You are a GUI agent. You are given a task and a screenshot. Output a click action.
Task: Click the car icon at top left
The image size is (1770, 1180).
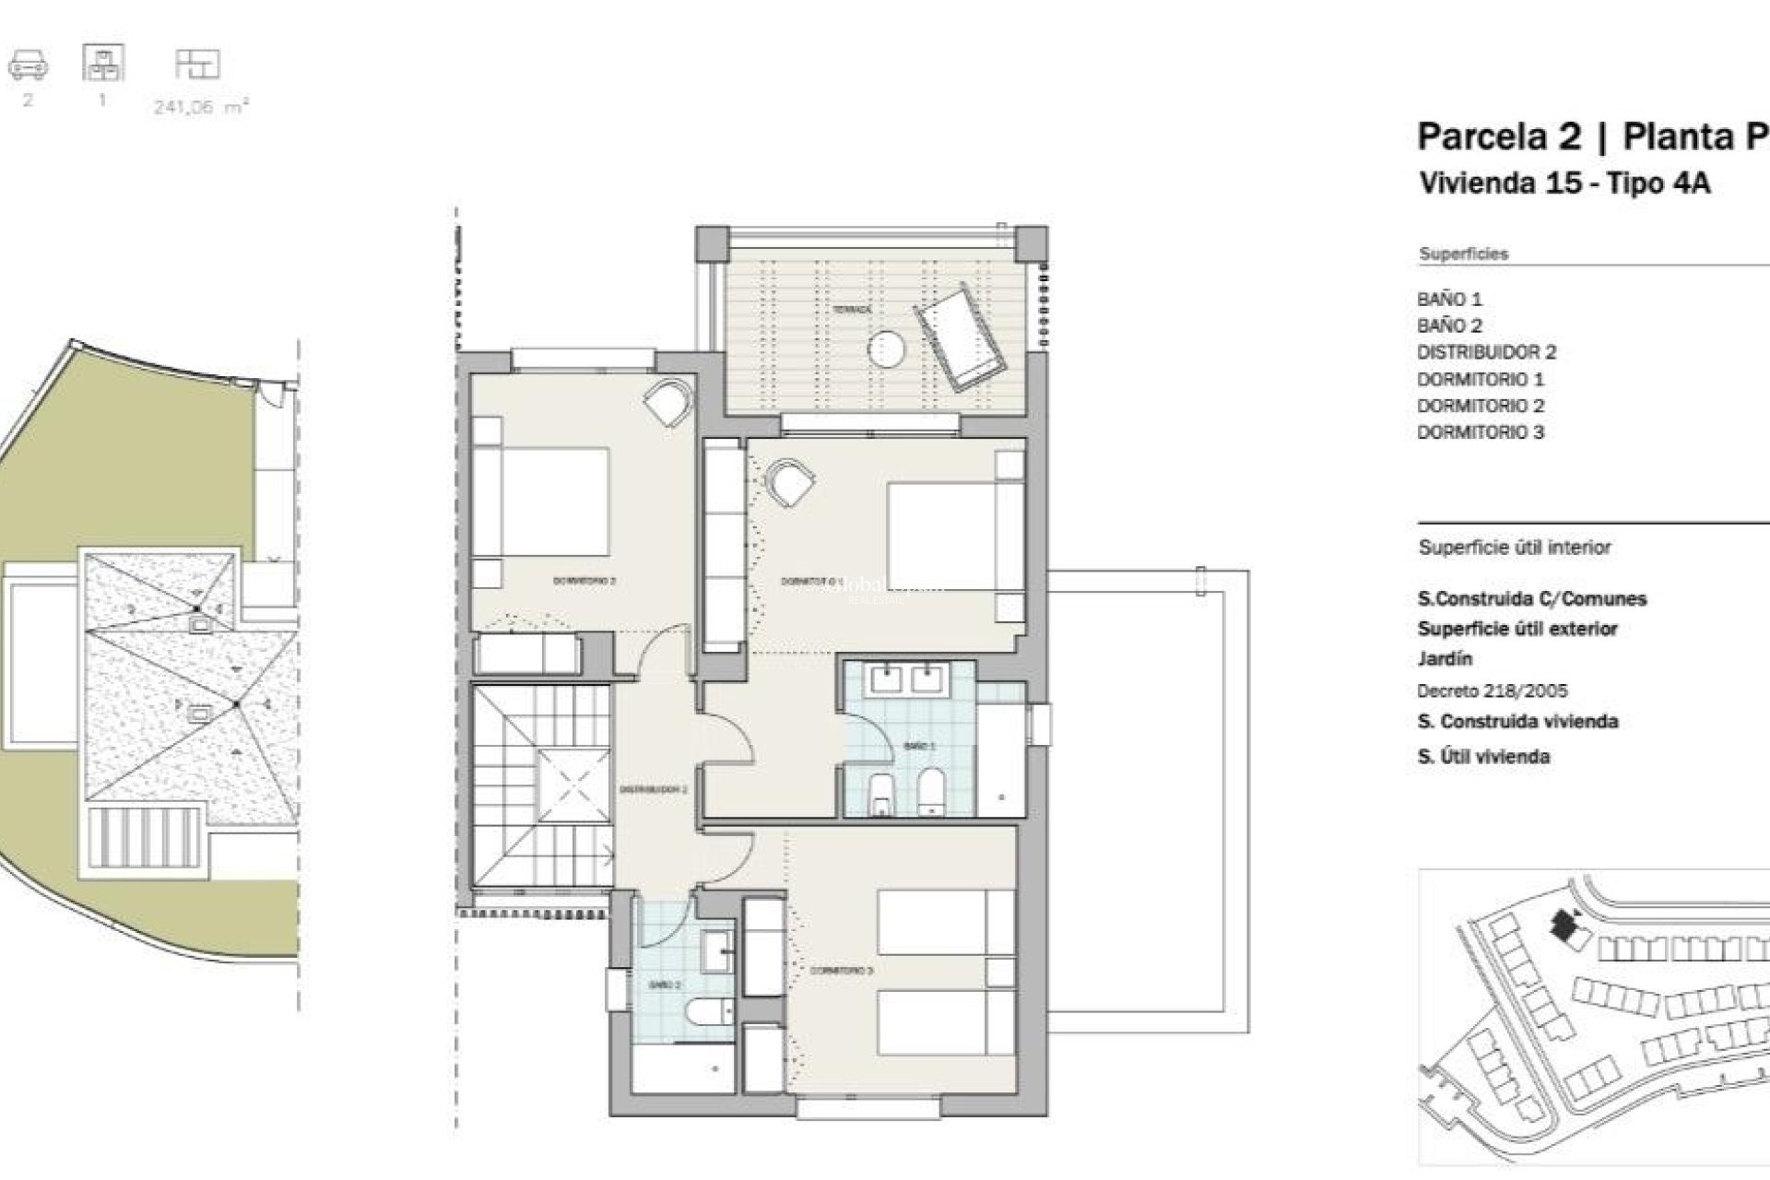(x=28, y=65)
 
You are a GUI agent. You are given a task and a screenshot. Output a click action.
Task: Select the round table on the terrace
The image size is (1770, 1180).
(x=886, y=349)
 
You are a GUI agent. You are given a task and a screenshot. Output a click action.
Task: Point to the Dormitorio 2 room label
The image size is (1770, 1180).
(x=584, y=581)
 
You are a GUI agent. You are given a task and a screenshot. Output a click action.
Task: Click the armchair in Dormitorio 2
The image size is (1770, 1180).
(x=667, y=402)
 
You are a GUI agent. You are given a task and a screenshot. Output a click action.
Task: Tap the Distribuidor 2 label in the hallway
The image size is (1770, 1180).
(x=653, y=790)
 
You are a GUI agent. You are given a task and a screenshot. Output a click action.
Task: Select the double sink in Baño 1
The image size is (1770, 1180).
(x=908, y=679)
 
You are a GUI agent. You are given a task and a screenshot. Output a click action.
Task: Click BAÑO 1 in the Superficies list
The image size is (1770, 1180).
(x=1449, y=300)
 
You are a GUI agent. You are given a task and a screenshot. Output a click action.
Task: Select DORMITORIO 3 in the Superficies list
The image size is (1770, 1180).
(x=1480, y=432)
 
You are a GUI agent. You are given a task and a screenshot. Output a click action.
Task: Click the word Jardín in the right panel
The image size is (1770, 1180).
(x=1444, y=659)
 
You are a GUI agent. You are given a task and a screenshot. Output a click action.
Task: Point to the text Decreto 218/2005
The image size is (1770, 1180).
(x=1492, y=690)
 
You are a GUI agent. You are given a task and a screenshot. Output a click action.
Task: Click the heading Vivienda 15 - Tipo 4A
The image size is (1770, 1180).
(x=1564, y=183)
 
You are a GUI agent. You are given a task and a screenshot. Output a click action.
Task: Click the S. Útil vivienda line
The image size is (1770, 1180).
(x=1482, y=757)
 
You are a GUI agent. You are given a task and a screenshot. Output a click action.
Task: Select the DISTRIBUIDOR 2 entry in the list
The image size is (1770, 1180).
(x=1486, y=352)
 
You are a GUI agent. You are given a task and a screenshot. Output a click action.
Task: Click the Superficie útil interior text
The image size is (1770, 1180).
(x=1514, y=548)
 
